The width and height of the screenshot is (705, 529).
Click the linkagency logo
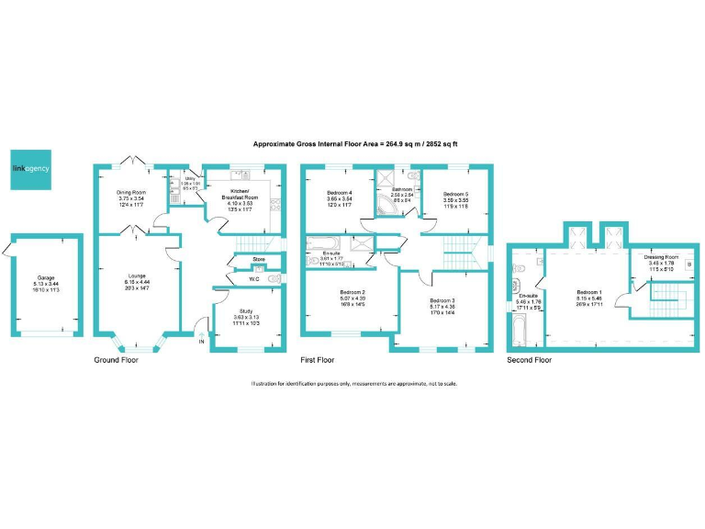tap(30, 168)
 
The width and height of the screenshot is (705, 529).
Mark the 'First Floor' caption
tap(318, 360)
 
